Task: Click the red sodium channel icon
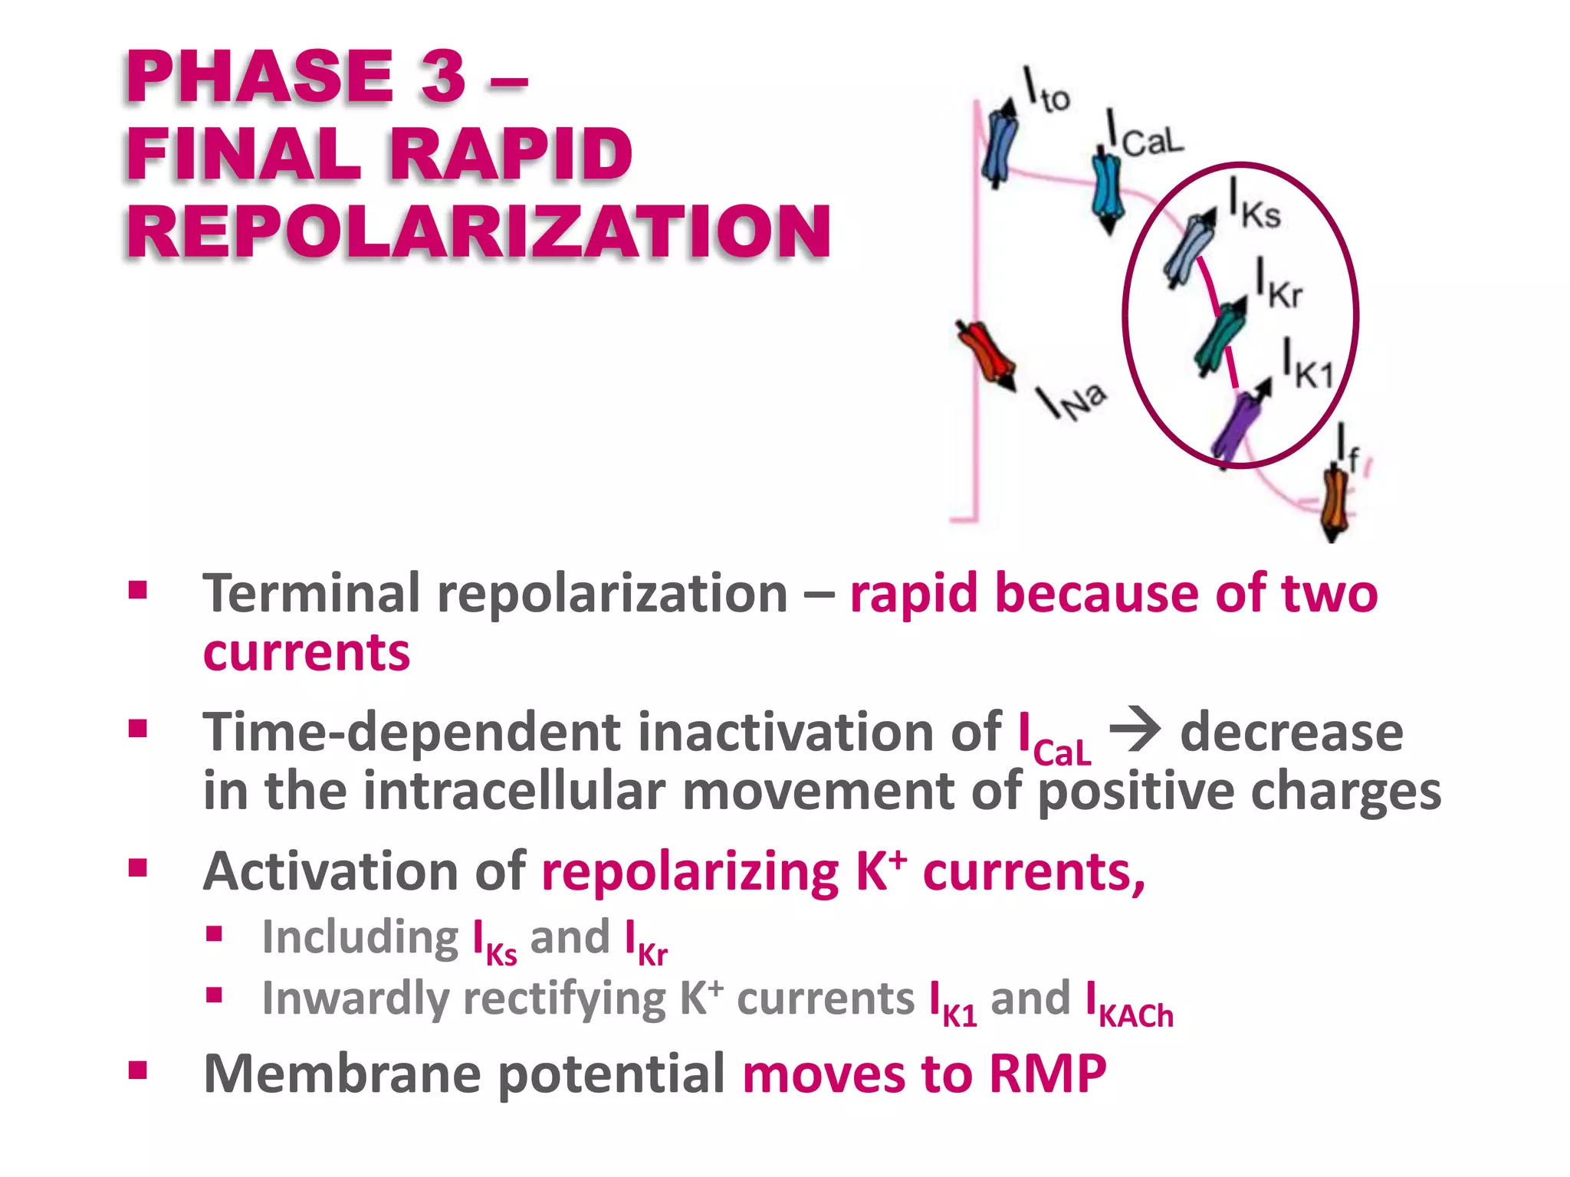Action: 985,355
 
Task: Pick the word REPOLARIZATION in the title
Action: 478,231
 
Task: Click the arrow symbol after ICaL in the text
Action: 1135,732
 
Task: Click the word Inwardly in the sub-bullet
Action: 355,999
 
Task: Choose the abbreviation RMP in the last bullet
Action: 1047,1074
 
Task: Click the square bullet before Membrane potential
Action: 138,1070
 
